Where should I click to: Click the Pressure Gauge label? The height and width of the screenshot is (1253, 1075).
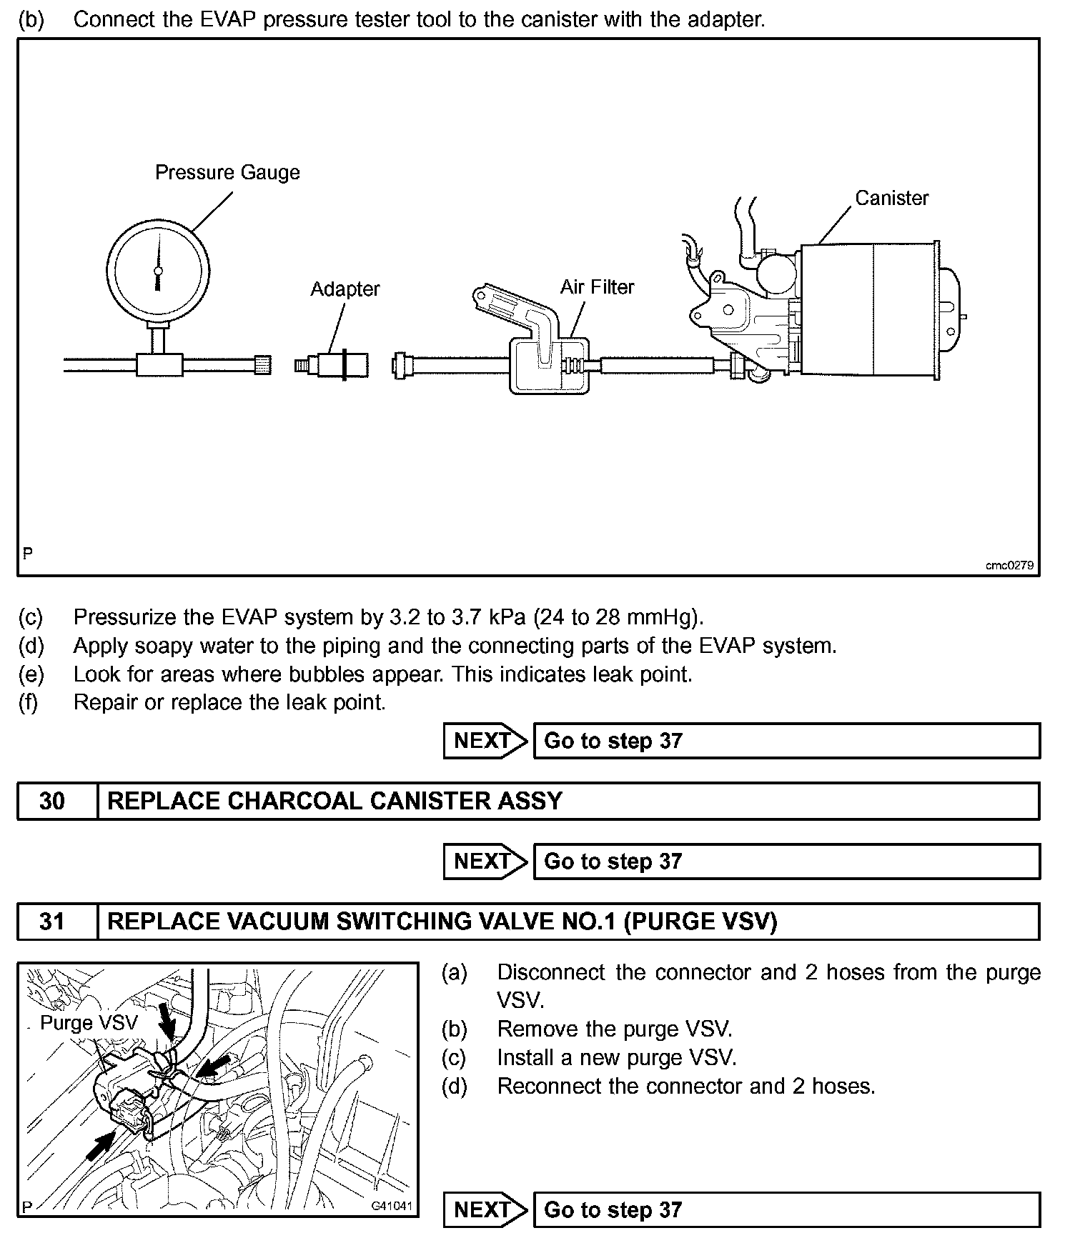(227, 173)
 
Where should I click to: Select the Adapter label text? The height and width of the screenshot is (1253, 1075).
(345, 289)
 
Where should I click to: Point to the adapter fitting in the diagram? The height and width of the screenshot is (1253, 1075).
(332, 366)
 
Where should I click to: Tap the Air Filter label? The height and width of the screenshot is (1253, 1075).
(597, 287)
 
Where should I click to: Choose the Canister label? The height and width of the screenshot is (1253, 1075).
(891, 199)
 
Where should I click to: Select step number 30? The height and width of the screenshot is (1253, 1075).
(52, 801)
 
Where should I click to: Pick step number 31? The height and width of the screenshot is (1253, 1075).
(52, 922)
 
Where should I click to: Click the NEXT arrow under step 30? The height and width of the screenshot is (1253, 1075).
(484, 862)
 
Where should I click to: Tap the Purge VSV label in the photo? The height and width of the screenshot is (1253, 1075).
(89, 1023)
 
